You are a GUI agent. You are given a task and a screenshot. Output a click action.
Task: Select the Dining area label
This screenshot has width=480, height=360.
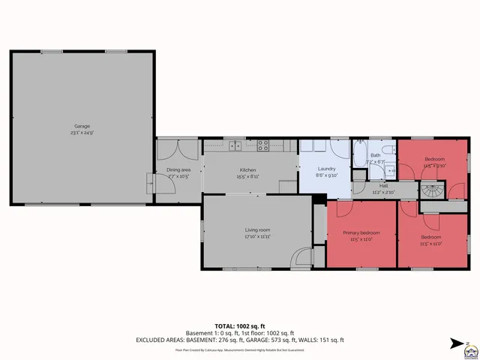[178, 169]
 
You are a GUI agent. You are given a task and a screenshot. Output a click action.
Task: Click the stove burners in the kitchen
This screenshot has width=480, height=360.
[263, 144]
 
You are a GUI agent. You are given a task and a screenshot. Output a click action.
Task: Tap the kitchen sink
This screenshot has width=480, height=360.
[234, 144]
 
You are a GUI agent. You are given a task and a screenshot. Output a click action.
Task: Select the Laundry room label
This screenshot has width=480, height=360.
[326, 169]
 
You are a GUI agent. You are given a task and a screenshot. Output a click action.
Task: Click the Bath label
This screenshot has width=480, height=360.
[375, 155]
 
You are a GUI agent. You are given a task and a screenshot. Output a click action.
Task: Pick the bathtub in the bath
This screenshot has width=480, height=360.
[359, 154]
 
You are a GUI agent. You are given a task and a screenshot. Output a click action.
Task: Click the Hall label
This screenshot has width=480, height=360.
[383, 186]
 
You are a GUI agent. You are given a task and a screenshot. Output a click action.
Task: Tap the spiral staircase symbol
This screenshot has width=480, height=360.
[433, 190]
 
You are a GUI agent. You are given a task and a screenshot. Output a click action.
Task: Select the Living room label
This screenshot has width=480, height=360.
[257, 229]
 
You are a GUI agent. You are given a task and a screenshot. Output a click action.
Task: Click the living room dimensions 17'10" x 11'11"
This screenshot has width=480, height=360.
[257, 236]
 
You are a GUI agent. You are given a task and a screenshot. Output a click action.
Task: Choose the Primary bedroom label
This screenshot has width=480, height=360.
[361, 233]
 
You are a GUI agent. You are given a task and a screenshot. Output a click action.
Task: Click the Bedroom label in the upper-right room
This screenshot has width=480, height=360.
[435, 159]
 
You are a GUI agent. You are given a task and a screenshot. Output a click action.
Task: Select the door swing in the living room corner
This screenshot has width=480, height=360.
[303, 256]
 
